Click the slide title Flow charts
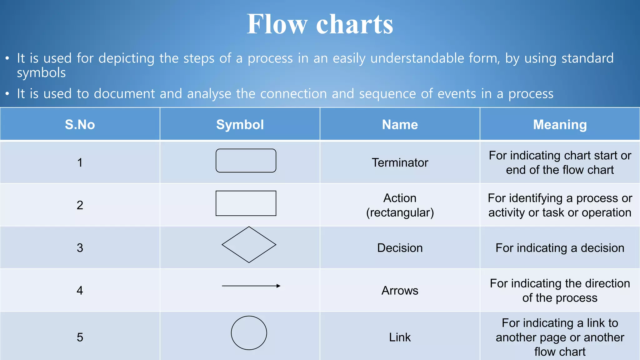click(320, 24)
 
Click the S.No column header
click(80, 125)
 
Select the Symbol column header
click(240, 125)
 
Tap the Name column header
click(400, 125)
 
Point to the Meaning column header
click(560, 125)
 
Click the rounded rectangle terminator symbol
click(246, 161)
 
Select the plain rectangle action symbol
click(246, 203)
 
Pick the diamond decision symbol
click(249, 245)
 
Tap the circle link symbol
click(249, 333)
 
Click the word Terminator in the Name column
click(400, 163)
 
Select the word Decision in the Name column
click(400, 248)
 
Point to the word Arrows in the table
click(400, 291)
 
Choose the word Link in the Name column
click(400, 337)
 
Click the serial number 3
click(80, 248)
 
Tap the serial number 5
click(80, 337)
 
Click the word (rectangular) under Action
click(400, 213)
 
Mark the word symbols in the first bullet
click(41, 73)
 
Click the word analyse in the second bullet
click(209, 94)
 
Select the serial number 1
click(80, 163)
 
